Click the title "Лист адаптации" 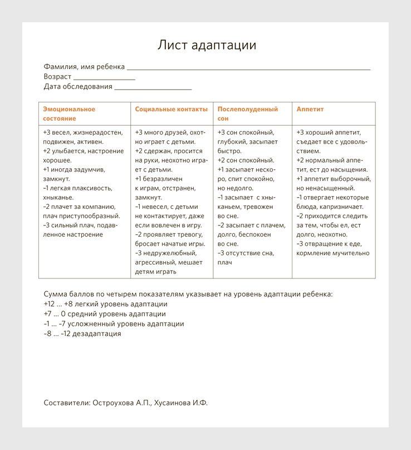point(207,45)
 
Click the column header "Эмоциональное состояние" point(69,114)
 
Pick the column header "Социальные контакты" point(171,109)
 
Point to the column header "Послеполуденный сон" point(247,114)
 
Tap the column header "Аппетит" point(310,109)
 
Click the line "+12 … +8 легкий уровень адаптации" point(105,304)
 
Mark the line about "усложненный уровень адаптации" point(114,324)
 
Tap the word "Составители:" point(66,403)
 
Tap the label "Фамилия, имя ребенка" point(84,67)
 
